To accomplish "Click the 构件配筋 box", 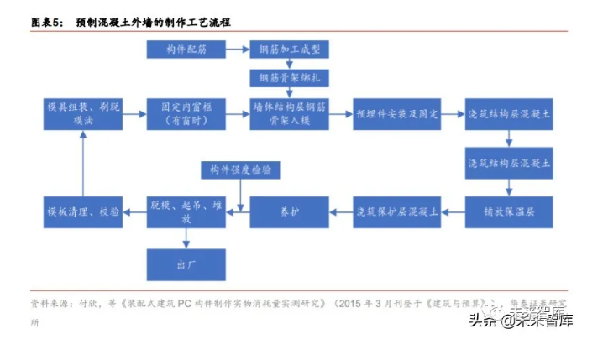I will pos(186,50).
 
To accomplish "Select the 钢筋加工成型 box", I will pos(290,50).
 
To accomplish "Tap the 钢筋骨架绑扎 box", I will pos(290,78).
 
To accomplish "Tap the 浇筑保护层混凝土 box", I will pos(397,211).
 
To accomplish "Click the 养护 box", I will pos(290,211).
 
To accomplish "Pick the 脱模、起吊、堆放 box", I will pos(186,211).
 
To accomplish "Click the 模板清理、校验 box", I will pos(82,211).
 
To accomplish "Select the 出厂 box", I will pos(186,264).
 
